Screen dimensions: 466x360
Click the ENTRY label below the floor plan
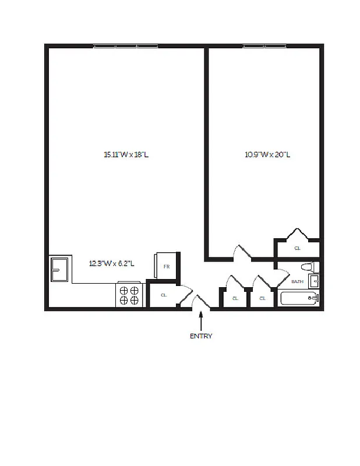tap(201, 336)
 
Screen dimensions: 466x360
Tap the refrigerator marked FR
tap(166, 266)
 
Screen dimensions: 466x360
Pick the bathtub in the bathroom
tap(299, 299)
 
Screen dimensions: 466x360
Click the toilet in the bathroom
tap(308, 267)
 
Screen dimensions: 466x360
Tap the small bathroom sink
tap(315, 281)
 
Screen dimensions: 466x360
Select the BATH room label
tap(297, 281)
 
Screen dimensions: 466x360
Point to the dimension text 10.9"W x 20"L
tap(267, 155)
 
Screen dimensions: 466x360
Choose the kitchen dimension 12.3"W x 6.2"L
tap(112, 263)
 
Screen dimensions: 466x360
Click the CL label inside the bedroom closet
tap(297, 248)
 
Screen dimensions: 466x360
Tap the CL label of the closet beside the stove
tap(164, 295)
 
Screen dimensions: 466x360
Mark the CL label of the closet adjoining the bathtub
tap(262, 298)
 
